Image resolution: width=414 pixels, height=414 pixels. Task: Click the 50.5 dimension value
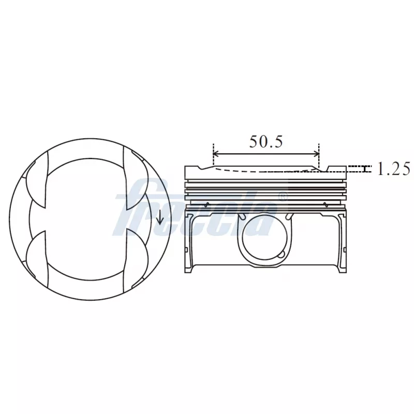(266, 141)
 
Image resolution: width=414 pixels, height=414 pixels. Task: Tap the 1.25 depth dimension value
(393, 169)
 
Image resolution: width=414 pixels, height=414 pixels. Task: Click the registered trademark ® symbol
(283, 197)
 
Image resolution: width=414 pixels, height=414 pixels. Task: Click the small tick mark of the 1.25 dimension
(366, 169)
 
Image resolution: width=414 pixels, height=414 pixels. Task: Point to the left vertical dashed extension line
(213, 155)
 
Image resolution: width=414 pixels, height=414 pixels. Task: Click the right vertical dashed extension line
(319, 155)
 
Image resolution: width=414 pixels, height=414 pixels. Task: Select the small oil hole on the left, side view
(207, 203)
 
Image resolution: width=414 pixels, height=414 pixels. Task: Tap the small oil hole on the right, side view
(325, 203)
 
